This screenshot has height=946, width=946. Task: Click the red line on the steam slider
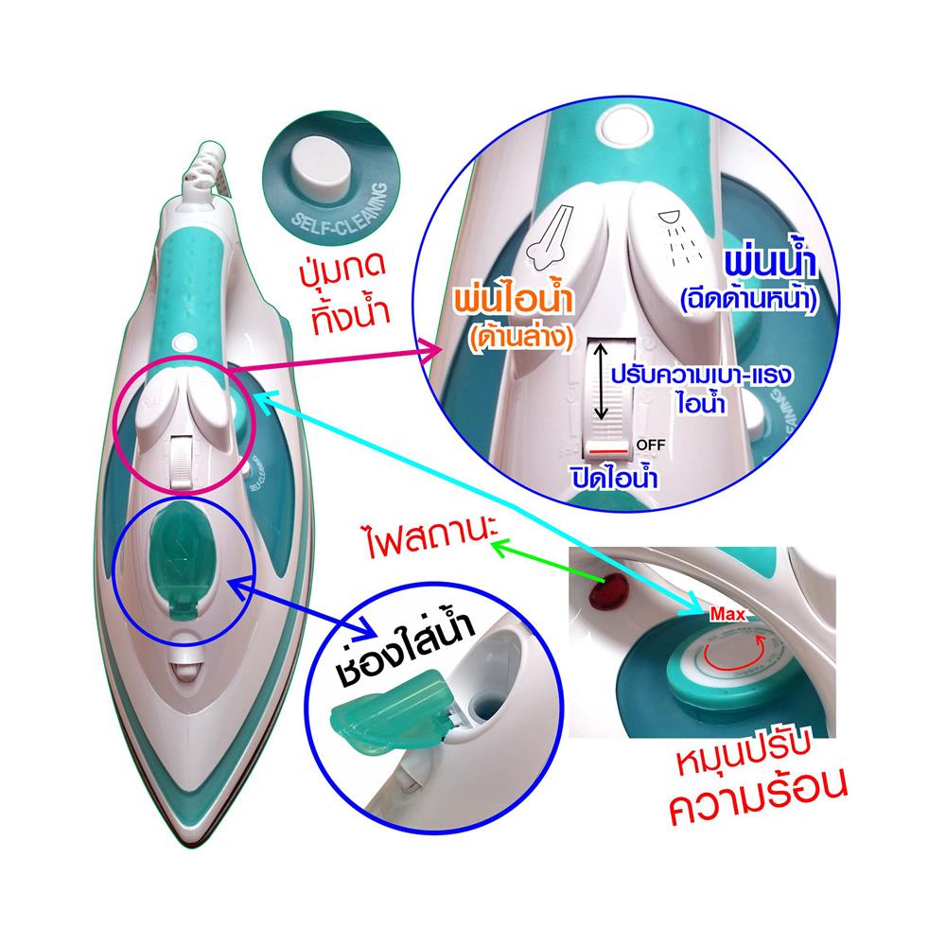[x=604, y=443]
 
